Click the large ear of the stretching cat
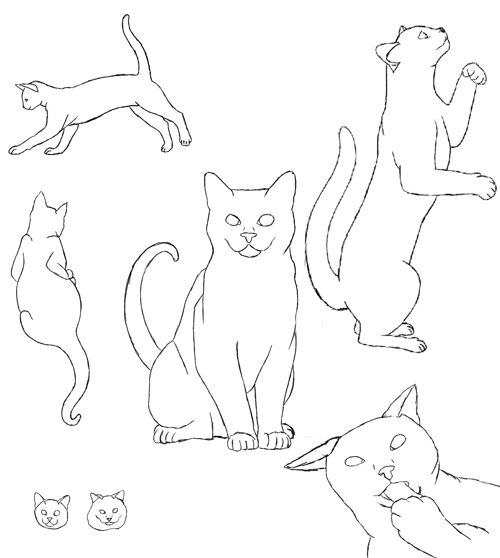point(30,88)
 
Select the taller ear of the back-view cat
point(39,200)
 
